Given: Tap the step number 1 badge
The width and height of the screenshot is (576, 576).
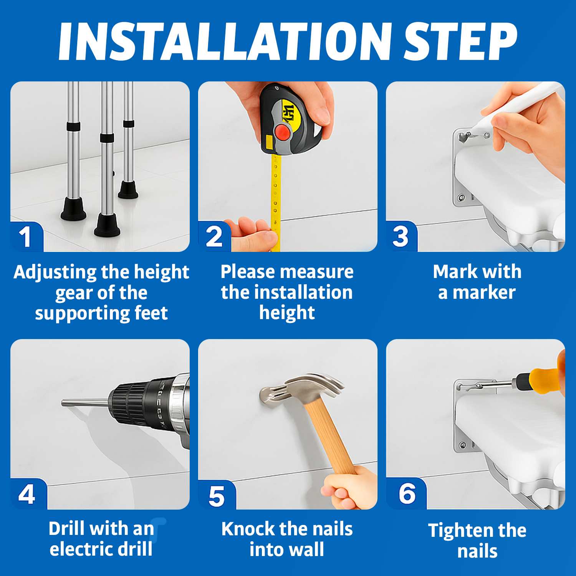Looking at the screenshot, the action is point(26,237).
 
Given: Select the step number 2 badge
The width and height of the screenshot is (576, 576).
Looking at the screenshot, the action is point(214,237).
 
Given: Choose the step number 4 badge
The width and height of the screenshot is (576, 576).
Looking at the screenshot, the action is point(27,494).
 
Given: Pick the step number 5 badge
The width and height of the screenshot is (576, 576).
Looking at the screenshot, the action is point(217,496).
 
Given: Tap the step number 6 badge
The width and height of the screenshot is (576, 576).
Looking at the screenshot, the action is point(406,494).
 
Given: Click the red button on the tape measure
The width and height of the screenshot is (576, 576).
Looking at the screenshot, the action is point(283,133).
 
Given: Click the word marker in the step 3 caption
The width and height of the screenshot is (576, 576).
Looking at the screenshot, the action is point(484,293).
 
